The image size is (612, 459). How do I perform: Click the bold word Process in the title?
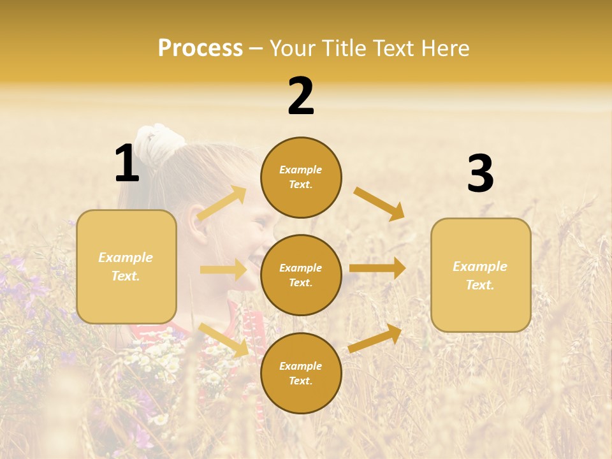[200, 48]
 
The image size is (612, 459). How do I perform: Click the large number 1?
[127, 164]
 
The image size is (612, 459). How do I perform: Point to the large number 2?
[301, 96]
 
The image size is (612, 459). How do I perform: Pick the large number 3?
[480, 174]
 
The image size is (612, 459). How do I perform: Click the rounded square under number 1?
[126, 266]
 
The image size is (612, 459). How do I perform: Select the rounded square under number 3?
[481, 275]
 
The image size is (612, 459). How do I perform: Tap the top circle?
[301, 177]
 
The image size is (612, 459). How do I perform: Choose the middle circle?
[301, 275]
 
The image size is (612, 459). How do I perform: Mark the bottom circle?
[301, 373]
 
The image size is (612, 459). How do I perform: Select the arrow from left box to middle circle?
[223, 270]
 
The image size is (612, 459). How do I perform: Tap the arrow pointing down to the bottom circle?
[224, 339]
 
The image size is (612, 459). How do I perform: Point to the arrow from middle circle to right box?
[377, 268]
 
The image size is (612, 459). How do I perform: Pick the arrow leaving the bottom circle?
[375, 338]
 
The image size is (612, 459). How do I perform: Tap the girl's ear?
[199, 229]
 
